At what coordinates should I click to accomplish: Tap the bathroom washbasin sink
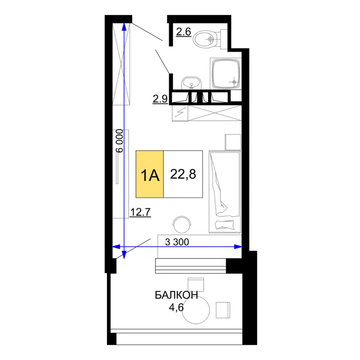click(x=191, y=83)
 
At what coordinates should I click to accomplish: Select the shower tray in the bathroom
click(x=226, y=74)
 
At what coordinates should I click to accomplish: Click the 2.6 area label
click(x=184, y=32)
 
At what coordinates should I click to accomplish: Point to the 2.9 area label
click(x=160, y=99)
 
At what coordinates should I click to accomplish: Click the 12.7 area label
click(x=140, y=212)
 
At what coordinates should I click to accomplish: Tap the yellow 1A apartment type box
click(x=150, y=174)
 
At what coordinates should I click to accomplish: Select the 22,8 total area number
click(x=183, y=174)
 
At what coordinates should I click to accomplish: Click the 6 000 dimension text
click(x=120, y=141)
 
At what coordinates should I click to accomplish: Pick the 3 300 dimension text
click(x=177, y=242)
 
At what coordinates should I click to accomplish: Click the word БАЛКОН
click(x=176, y=295)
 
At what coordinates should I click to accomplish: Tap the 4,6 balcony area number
click(x=176, y=307)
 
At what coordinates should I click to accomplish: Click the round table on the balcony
click(x=196, y=310)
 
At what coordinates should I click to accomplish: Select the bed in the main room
click(x=225, y=192)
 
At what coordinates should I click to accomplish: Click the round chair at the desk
click(x=182, y=224)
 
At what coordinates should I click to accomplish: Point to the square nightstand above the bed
click(x=233, y=142)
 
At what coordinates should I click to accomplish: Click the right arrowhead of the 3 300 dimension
click(x=238, y=247)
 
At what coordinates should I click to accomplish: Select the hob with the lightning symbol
click(x=180, y=113)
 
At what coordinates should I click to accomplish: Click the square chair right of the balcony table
click(x=223, y=310)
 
